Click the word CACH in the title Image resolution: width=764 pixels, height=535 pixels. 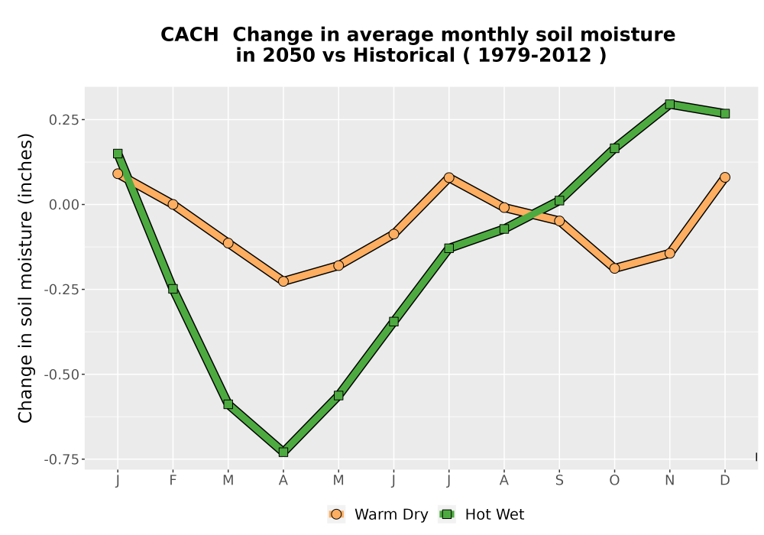(189, 34)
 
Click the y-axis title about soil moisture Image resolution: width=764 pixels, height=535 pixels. (25, 277)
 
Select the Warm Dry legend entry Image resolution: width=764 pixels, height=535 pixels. (378, 514)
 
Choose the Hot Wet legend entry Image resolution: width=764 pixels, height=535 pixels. (482, 514)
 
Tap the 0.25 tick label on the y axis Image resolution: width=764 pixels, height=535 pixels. (63, 120)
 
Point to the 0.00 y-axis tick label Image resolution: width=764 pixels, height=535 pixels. (63, 205)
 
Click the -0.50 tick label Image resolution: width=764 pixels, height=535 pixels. (61, 374)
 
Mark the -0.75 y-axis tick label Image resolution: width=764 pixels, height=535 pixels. (61, 459)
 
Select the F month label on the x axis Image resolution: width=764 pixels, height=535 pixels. (173, 481)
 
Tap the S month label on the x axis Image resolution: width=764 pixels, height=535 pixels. (559, 481)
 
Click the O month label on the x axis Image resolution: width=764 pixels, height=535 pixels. (614, 481)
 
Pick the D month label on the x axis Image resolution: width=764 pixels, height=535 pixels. (725, 481)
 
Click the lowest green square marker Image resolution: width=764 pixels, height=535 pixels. (283, 452)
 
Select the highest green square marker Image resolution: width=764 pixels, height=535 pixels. (669, 104)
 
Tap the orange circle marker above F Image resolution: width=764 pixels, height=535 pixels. (173, 204)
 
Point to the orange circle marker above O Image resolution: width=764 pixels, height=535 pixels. (614, 268)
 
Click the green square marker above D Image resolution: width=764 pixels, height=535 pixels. (725, 114)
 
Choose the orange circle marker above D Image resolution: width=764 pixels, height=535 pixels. (725, 177)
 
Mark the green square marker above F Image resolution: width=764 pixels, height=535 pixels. (173, 289)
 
